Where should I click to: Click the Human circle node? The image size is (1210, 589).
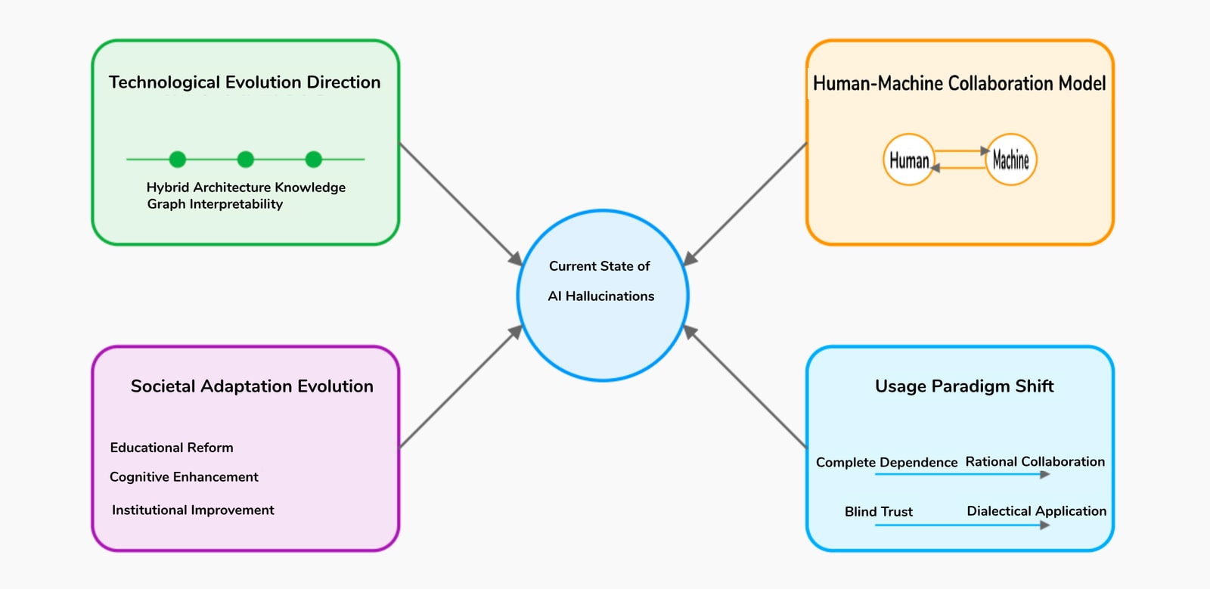pos(908,160)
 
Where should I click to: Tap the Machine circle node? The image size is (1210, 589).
pos(1011,160)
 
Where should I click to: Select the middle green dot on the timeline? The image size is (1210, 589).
pos(245,159)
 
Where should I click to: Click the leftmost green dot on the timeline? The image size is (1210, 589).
pos(177,159)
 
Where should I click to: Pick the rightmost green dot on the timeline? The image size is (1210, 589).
pos(313,159)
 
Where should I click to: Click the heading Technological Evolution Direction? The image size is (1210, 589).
pos(244,82)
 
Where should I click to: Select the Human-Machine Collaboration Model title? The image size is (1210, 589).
pos(959,83)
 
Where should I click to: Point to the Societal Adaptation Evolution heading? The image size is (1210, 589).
pos(252,386)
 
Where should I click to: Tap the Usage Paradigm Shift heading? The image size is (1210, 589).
pos(964,386)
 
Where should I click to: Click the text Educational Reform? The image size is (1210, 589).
pos(172,448)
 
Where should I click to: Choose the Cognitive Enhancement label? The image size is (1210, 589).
pos(184,477)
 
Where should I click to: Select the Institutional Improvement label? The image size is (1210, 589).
pos(193,510)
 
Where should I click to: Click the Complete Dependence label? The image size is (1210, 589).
pos(886,462)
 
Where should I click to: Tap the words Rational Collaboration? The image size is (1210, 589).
pos(1035,461)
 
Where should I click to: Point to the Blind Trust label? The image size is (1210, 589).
pos(879,512)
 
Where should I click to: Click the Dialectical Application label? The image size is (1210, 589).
pos(1036,511)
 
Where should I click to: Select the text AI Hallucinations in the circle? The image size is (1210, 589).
pos(601,296)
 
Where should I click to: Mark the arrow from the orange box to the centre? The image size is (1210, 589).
pos(746,203)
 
